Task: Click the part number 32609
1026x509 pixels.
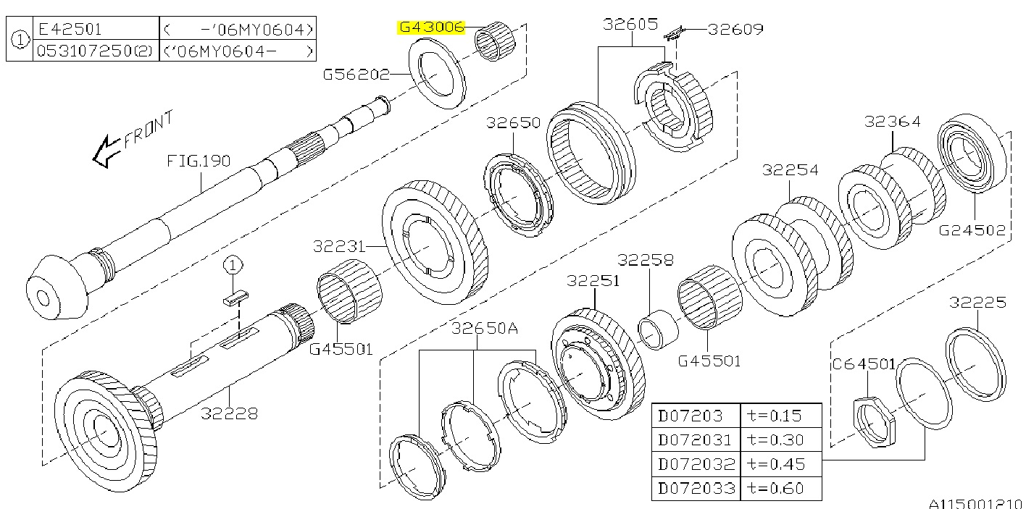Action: tap(735, 30)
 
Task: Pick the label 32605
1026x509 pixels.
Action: tap(630, 25)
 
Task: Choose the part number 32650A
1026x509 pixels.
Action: tap(485, 329)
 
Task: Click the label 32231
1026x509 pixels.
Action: tap(341, 246)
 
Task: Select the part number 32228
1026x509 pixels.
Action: tap(230, 413)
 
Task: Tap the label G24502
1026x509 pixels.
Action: tap(972, 231)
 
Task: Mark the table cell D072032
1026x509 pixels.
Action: tap(696, 464)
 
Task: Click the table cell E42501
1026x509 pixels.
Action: tap(70, 30)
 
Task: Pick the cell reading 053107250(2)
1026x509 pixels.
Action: tap(95, 51)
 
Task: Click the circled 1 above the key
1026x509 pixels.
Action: tap(231, 266)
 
